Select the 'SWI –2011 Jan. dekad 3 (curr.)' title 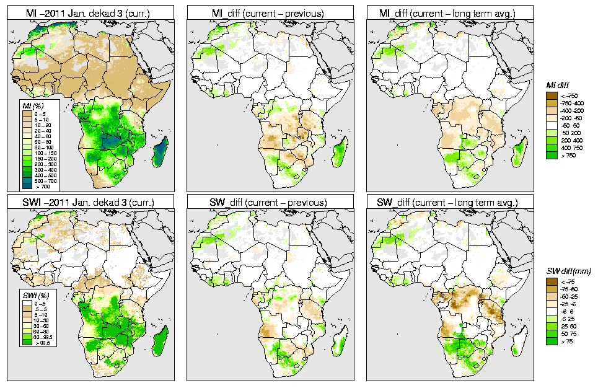(x=90, y=202)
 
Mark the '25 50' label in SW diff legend (x=569, y=326)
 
